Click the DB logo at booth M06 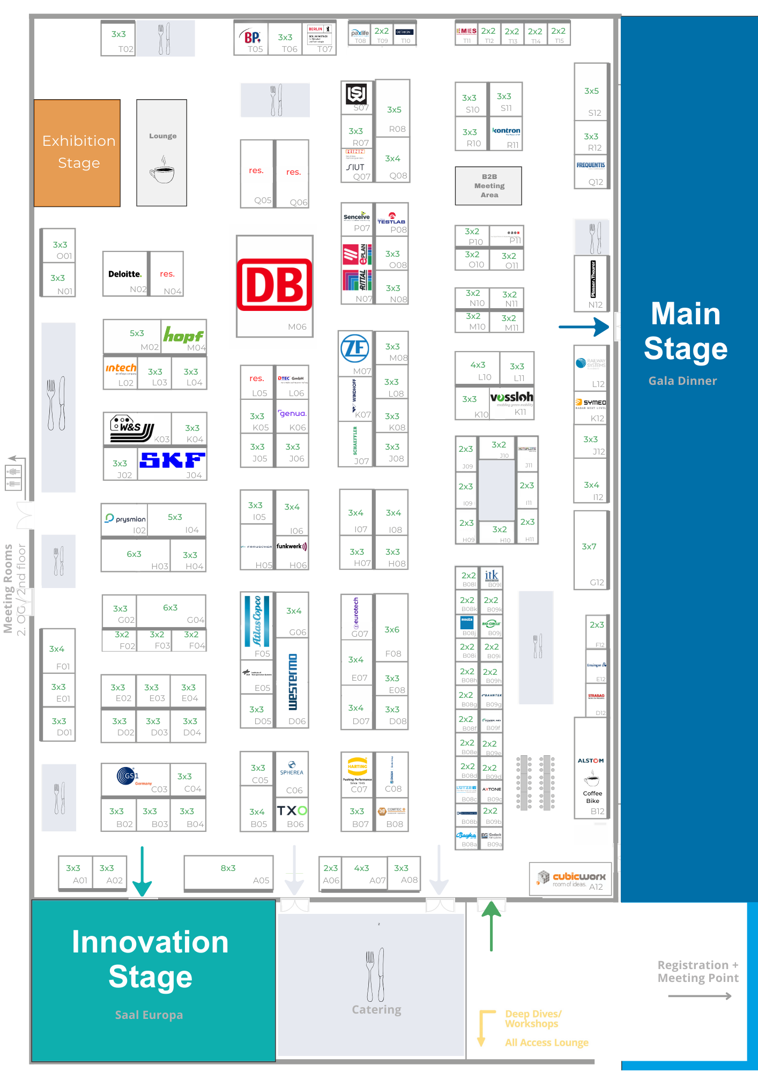coord(274,285)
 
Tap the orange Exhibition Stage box coord(77,153)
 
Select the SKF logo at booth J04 coord(172,460)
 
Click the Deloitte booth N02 coord(125,274)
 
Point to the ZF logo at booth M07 coord(355,348)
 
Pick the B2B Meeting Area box coord(488,186)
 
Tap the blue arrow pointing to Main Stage coord(583,326)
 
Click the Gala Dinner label coord(682,381)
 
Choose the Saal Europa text coord(149,1015)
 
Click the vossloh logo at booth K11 coord(511,398)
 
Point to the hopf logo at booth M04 coord(183,336)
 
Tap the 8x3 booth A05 coord(228,873)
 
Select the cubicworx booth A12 coord(570,878)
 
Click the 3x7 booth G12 coord(591,550)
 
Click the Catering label coord(376,1010)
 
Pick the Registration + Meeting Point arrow coord(700,996)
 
